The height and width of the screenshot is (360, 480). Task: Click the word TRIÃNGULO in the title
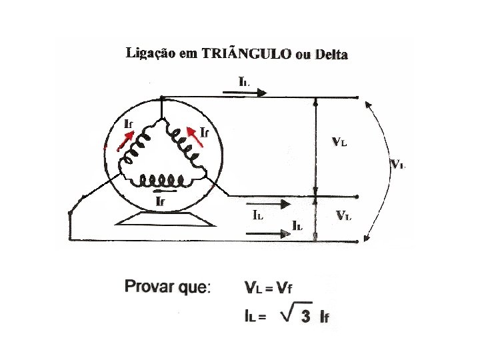coord(246,54)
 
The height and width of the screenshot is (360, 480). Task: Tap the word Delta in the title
coord(331,55)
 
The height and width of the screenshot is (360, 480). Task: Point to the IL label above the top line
coord(245,81)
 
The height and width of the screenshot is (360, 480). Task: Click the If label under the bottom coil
coord(160,200)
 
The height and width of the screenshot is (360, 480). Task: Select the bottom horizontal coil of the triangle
coord(159,180)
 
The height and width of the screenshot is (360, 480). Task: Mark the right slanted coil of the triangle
coord(183,146)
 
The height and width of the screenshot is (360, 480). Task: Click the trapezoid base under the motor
coord(159,219)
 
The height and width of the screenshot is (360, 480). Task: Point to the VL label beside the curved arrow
coord(398,164)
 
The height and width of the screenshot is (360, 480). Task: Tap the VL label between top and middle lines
coord(339,142)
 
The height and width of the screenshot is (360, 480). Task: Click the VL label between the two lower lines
coord(344,215)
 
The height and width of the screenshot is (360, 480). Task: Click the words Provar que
coord(167,288)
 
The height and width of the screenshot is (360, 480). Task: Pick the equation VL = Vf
coord(269,288)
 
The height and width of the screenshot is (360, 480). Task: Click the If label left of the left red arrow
coord(131,124)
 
